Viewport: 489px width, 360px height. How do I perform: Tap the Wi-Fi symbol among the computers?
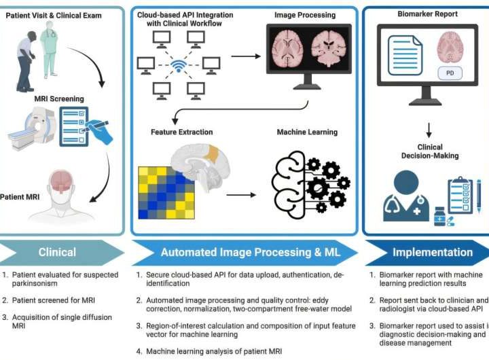click(x=179, y=67)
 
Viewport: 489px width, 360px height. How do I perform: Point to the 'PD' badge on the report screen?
click(x=448, y=72)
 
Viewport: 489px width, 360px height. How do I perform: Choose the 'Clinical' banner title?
click(x=57, y=252)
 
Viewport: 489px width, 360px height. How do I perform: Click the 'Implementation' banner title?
click(x=432, y=252)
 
